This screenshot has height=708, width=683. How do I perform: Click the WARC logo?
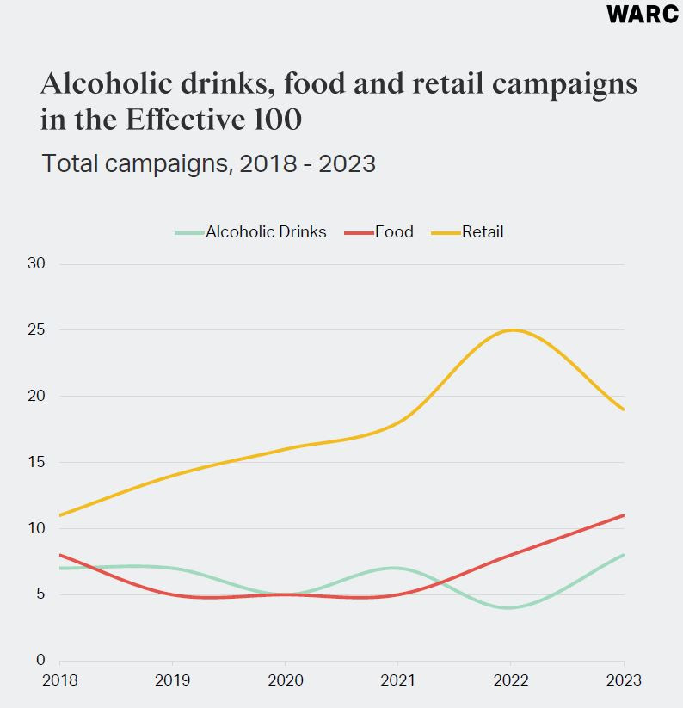(x=642, y=15)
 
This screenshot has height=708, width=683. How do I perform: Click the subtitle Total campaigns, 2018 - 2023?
(x=208, y=163)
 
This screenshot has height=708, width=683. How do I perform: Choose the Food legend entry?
(x=379, y=232)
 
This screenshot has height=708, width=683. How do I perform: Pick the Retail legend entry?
(x=468, y=232)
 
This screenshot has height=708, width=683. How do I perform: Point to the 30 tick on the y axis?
(x=36, y=264)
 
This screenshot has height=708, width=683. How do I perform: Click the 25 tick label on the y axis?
(x=36, y=330)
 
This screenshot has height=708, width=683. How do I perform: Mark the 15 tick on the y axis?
(x=36, y=463)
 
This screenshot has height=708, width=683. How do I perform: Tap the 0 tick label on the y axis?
(x=40, y=661)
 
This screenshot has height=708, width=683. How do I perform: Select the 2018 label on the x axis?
(x=60, y=681)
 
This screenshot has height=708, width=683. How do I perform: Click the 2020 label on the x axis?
(x=286, y=681)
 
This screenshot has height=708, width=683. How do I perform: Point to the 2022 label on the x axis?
(x=511, y=681)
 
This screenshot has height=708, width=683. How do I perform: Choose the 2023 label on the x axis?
(x=624, y=681)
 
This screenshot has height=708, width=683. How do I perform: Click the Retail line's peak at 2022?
(x=511, y=330)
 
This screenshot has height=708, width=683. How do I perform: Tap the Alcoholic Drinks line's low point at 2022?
(x=511, y=607)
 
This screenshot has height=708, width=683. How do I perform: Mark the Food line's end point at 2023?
(x=624, y=515)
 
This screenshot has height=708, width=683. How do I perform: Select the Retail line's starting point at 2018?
(x=60, y=515)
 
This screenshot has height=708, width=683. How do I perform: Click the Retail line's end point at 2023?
(x=624, y=409)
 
